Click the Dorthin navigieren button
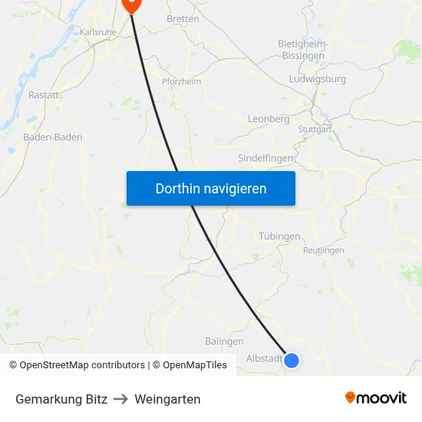coord(211,188)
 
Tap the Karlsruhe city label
coord(97,33)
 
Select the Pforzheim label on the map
coord(181,81)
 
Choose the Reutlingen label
coord(324,250)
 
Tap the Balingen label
coord(224,341)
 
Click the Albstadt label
coord(264,358)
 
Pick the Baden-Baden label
coord(53,137)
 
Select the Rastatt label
coord(44,94)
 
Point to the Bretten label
coord(183,18)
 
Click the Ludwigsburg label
coord(318,79)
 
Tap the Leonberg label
coord(269,119)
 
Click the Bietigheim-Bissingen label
coord(303,50)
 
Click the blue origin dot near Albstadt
coord(292,360)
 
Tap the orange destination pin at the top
coord(131,5)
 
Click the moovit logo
coord(376,398)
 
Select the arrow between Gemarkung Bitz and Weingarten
coord(120,399)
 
